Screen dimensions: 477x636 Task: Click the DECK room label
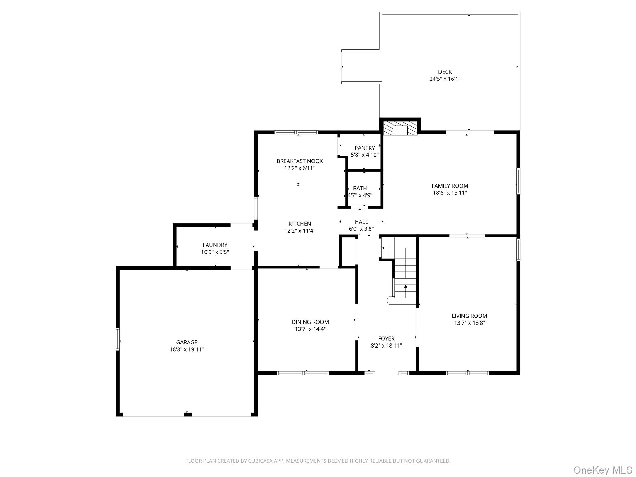[445, 72]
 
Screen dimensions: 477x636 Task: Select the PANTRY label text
[365, 148]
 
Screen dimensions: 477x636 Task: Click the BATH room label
[360, 188]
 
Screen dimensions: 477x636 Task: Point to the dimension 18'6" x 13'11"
[450, 193]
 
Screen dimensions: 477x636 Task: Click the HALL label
[361, 222]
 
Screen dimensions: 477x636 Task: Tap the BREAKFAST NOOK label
[300, 161]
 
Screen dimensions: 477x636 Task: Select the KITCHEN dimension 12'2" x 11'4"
[300, 231]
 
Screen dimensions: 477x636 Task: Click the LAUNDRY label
[215, 245]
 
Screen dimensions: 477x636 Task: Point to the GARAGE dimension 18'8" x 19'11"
[186, 349]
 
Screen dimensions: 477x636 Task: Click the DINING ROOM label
[310, 322]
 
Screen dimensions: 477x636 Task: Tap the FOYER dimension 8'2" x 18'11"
[386, 346]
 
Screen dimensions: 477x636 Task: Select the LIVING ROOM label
[469, 316]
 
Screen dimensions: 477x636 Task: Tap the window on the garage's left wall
[118, 339]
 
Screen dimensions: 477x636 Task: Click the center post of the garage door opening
[188, 414]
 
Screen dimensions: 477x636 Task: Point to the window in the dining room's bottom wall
[302, 373]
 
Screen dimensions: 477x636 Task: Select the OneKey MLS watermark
[602, 470]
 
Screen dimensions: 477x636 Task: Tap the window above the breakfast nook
[296, 133]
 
